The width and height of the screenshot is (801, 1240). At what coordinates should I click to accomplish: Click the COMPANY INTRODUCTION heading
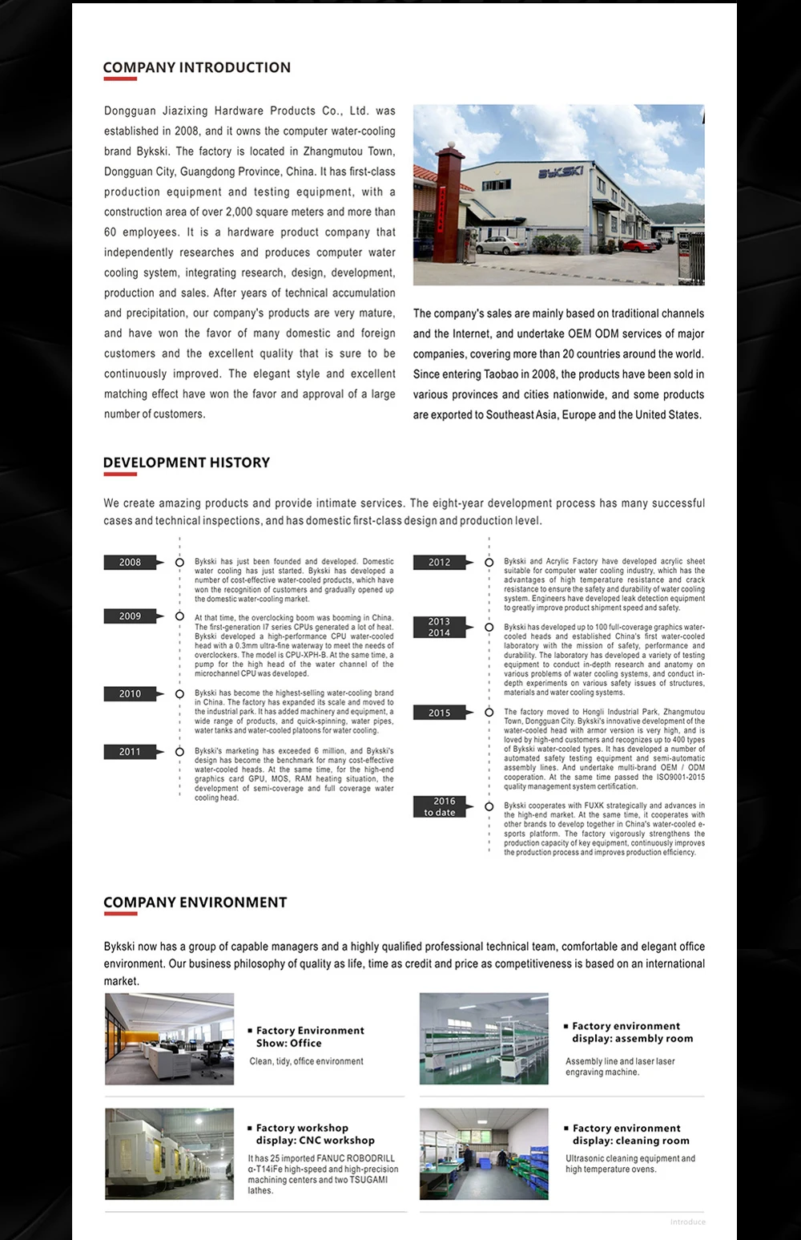(197, 68)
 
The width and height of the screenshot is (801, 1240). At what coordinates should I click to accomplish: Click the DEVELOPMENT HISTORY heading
(187, 462)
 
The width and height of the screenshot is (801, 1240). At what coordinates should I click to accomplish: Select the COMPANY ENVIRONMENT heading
(195, 903)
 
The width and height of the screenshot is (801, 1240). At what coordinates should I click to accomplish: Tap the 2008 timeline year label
(130, 563)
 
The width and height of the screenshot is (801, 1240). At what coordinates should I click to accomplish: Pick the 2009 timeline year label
(130, 616)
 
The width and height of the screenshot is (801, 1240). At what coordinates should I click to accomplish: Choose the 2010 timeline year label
(130, 694)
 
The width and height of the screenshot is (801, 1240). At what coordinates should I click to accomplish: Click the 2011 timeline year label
(130, 752)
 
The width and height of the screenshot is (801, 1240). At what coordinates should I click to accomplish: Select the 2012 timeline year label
(439, 563)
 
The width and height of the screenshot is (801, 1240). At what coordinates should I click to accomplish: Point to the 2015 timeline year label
(439, 713)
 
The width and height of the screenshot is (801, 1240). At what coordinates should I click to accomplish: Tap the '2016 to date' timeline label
(439, 806)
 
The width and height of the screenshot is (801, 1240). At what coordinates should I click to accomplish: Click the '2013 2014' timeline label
(439, 627)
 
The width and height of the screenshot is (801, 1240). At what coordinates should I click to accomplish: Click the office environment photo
(170, 1039)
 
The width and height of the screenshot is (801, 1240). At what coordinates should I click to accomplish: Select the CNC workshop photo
(170, 1154)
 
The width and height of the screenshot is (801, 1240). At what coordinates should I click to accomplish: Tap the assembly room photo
(484, 1039)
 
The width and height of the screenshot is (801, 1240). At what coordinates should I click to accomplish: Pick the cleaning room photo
(484, 1154)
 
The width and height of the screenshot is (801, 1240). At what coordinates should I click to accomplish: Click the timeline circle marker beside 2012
(489, 563)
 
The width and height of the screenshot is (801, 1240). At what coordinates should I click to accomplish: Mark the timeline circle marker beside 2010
(179, 694)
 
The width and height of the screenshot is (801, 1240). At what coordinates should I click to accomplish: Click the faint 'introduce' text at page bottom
(688, 1222)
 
